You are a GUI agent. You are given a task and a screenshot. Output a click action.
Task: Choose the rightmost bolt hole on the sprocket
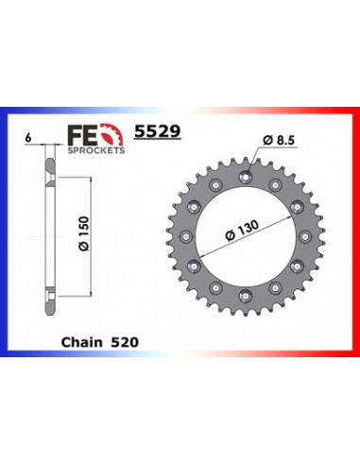(307, 234)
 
